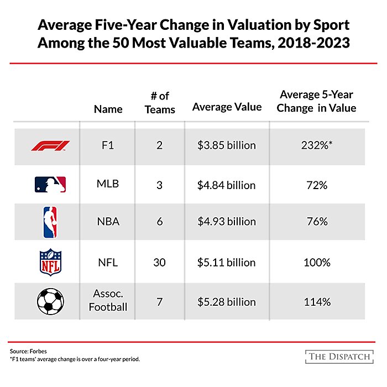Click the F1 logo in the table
click(x=50, y=145)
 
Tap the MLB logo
click(x=50, y=185)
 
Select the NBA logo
click(x=50, y=222)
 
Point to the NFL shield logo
click(x=50, y=263)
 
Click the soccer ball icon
click(x=50, y=301)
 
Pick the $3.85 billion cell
click(x=227, y=145)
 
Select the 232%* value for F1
click(x=317, y=145)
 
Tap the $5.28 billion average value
click(x=227, y=302)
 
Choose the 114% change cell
click(x=317, y=302)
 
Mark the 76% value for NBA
click(x=317, y=222)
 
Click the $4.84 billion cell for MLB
click(x=227, y=185)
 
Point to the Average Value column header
click(x=227, y=107)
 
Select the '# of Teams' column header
click(x=159, y=103)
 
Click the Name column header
click(x=108, y=109)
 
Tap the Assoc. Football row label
click(x=108, y=301)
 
